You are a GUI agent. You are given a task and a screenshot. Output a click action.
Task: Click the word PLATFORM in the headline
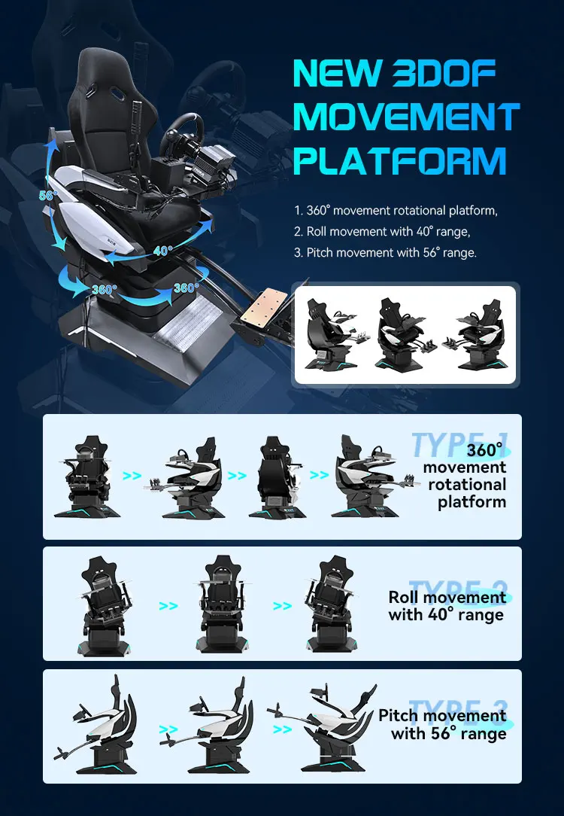click(399, 161)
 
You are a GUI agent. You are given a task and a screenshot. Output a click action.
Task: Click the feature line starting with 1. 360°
click(396, 211)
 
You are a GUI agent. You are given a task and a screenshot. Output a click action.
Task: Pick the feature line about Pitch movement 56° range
click(385, 253)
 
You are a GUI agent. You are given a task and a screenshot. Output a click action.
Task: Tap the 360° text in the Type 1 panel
click(484, 451)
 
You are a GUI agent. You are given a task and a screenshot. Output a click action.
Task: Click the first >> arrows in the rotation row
click(132, 476)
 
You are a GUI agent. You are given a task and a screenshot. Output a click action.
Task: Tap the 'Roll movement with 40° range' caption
click(447, 606)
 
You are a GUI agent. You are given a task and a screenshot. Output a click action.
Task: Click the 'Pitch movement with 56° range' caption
click(442, 723)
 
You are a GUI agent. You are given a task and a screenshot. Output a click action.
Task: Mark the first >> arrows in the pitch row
click(168, 729)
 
